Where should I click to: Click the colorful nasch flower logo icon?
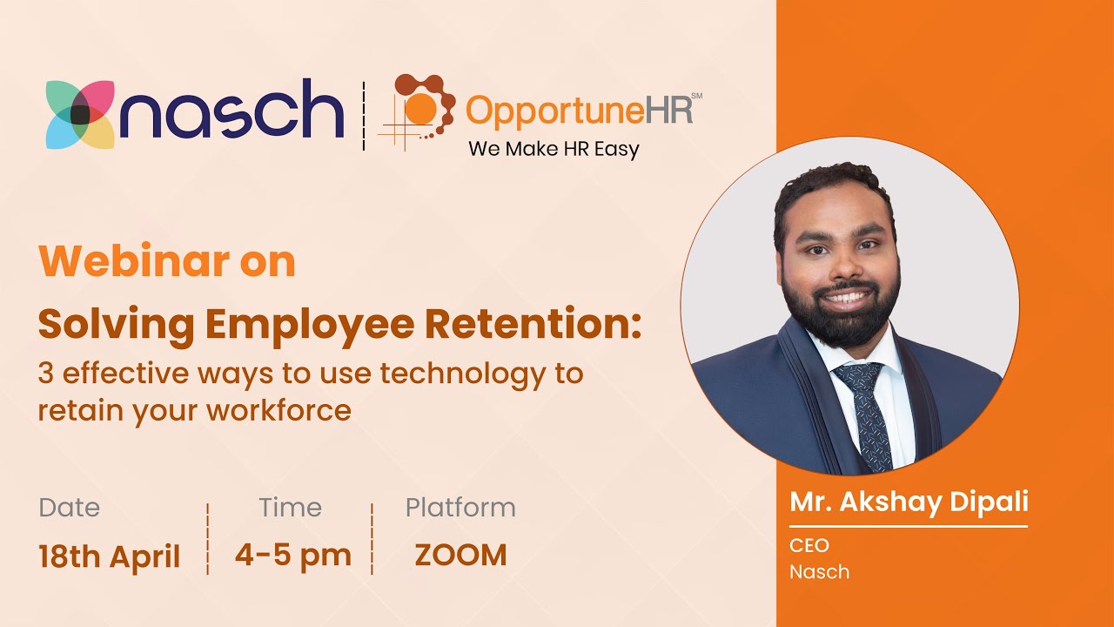(80, 114)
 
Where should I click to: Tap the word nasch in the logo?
(232, 111)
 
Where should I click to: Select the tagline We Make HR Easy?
(554, 149)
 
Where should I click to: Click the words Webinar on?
(167, 261)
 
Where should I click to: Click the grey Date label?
(70, 508)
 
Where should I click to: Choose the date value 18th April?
(110, 556)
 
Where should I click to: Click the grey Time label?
(290, 508)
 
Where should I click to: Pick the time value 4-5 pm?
(292, 556)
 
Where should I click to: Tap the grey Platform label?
(460, 508)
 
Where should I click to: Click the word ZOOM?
(460, 556)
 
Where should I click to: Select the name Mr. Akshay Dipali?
(909, 502)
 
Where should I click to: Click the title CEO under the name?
(809, 546)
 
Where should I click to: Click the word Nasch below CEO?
(819, 572)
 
